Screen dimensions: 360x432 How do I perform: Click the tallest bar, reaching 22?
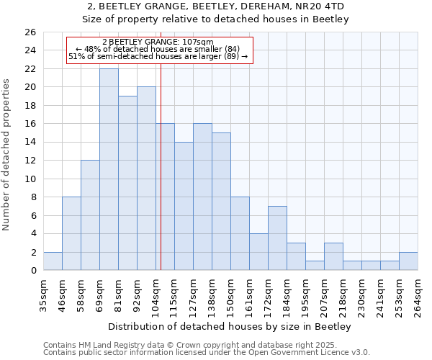tap(109, 169)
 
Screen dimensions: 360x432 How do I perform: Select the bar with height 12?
tap(90, 215)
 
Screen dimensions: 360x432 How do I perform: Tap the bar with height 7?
tap(277, 238)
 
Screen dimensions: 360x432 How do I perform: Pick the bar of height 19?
tap(127, 183)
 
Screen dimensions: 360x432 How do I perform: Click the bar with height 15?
tap(221, 201)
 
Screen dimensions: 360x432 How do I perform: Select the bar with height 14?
tap(184, 206)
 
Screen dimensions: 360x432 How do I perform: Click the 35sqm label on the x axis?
tap(43, 294)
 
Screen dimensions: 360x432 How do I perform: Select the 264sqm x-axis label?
tap(418, 294)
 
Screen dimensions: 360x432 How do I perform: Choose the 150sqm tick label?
tap(230, 294)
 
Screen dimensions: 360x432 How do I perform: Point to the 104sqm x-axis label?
tap(156, 294)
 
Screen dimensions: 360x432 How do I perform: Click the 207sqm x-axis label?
tap(324, 294)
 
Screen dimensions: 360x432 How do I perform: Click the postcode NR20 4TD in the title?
tap(324, 6)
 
